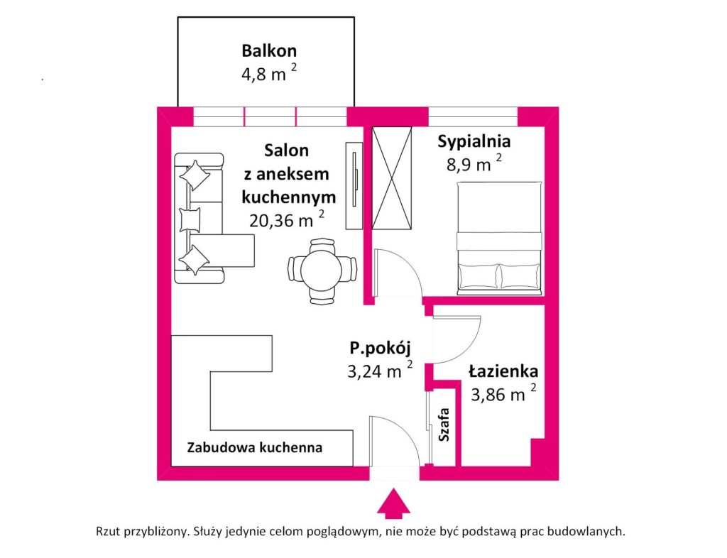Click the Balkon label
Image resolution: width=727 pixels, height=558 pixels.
click(x=268, y=51)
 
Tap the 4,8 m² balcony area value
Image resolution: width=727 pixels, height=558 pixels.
click(x=268, y=73)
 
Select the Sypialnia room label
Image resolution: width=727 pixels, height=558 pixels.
click(x=474, y=141)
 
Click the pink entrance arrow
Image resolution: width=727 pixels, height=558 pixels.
click(x=393, y=504)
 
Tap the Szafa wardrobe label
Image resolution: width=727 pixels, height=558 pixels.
click(x=444, y=425)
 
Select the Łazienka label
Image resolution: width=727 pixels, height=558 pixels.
click(x=503, y=371)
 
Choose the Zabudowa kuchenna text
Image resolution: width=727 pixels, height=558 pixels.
click(x=255, y=448)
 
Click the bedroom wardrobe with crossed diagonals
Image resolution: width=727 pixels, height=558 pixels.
click(x=393, y=178)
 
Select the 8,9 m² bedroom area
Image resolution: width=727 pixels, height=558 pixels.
click(x=469, y=165)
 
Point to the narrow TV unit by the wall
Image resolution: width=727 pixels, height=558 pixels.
click(x=354, y=185)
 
